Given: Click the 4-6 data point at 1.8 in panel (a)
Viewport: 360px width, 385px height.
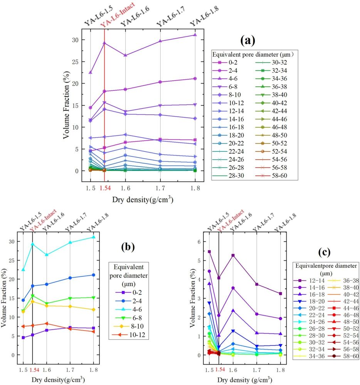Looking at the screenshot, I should pos(195,35).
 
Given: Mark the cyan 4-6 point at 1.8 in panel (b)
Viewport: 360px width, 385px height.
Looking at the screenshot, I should pos(93,237).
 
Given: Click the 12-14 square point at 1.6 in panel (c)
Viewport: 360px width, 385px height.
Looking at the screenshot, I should pos(233,256).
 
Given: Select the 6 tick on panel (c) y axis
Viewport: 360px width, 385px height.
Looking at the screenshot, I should pos(200,242).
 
